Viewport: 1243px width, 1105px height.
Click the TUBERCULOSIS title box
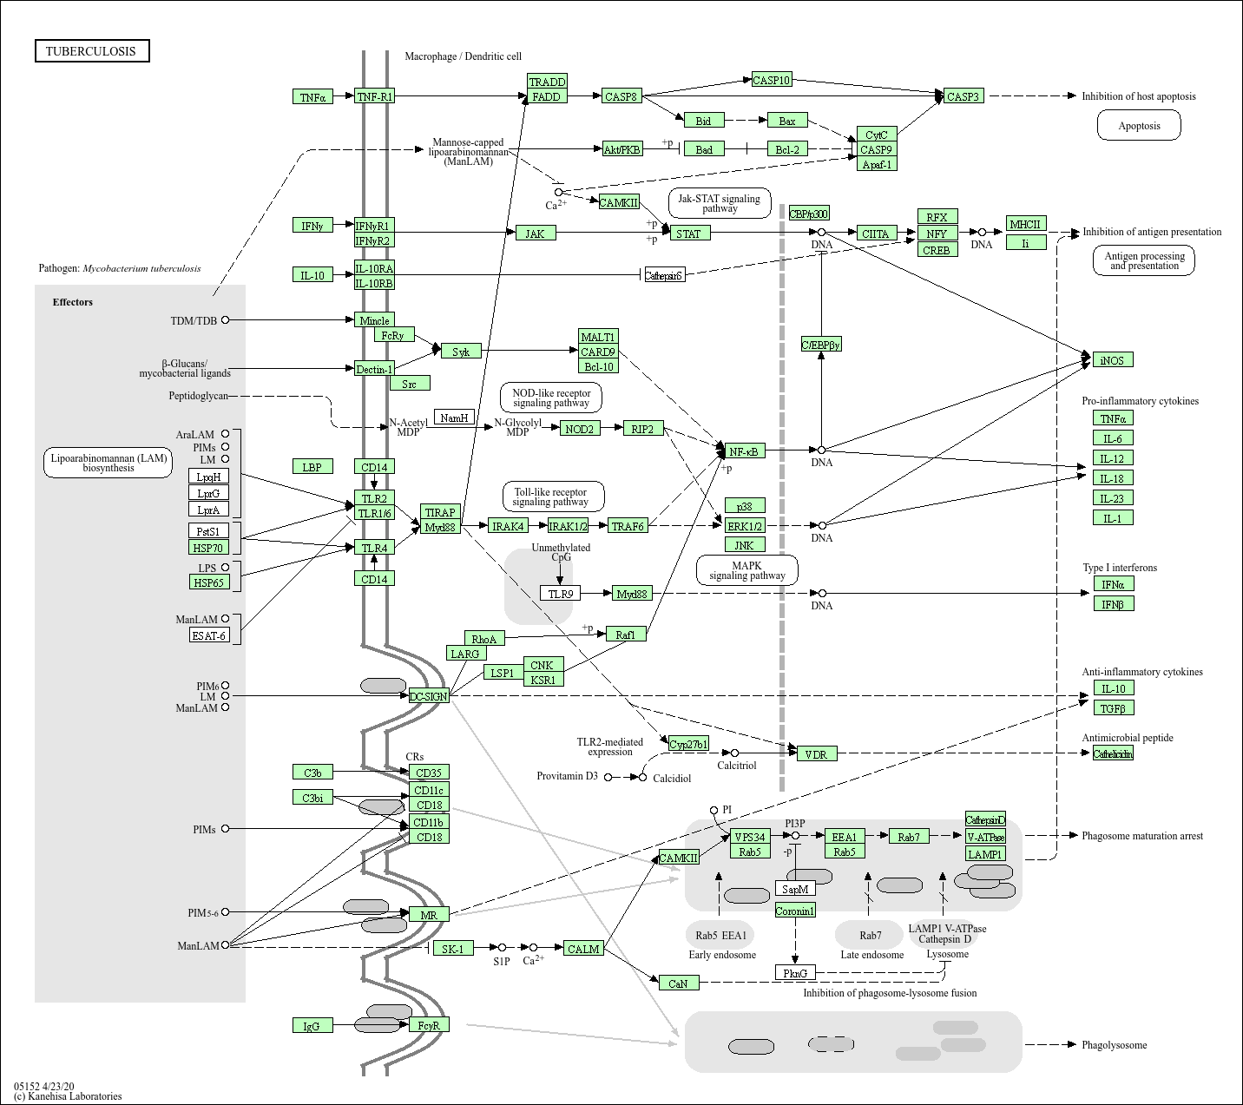(x=91, y=51)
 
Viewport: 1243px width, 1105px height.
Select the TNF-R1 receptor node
(x=374, y=96)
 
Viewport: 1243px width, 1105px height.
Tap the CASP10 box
(x=771, y=80)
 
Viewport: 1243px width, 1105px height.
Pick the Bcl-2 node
(x=786, y=149)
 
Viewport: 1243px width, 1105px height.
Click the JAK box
(x=535, y=233)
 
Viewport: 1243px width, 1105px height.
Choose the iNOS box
(x=1112, y=359)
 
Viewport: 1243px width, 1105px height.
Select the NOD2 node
(x=579, y=428)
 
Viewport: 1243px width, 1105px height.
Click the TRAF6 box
(x=628, y=525)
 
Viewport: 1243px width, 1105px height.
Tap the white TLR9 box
(x=560, y=594)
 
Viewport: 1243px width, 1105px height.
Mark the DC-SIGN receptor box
(x=429, y=696)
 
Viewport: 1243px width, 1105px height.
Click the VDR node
(x=816, y=753)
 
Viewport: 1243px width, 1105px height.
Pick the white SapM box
(x=795, y=889)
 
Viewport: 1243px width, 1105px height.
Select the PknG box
(x=795, y=973)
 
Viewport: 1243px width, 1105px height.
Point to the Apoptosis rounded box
(x=1139, y=126)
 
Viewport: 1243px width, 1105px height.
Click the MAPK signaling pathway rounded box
(x=746, y=570)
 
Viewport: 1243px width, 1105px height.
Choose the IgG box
(x=312, y=1025)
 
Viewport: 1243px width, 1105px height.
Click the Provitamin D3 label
(x=567, y=776)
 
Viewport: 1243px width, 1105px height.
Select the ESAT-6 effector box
(x=209, y=635)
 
